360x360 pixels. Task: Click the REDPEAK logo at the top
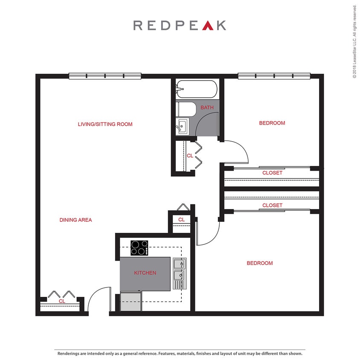click(180, 25)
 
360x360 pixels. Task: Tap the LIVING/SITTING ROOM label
click(105, 125)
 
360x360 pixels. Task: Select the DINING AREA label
click(75, 220)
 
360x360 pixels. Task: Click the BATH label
click(207, 107)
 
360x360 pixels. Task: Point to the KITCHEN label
click(145, 273)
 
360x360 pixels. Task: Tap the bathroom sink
click(183, 126)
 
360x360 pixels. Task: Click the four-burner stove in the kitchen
click(139, 248)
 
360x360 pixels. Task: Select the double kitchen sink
click(179, 273)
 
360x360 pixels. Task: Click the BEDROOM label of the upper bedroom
click(272, 123)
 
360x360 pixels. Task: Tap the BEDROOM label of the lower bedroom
click(259, 263)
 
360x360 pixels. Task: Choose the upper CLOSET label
click(272, 173)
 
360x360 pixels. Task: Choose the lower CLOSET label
click(272, 205)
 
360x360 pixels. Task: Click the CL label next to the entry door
click(62, 301)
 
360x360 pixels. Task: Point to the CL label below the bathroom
click(190, 156)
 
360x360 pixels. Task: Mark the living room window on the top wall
click(105, 76)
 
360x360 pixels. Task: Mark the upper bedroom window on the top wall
click(273, 76)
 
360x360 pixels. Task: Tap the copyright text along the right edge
click(354, 41)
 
